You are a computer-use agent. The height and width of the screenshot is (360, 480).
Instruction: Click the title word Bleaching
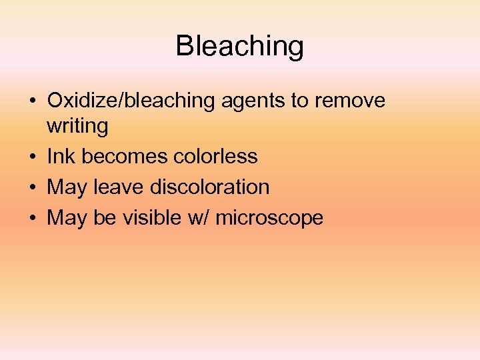coord(240,47)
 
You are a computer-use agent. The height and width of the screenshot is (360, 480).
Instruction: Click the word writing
coord(77,127)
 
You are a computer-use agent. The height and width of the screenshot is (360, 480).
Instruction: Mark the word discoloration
coord(210,187)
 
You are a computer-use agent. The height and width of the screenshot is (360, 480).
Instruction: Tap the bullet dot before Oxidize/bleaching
coord(32,102)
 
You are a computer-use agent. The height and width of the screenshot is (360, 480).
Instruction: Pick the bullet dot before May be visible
coord(32,219)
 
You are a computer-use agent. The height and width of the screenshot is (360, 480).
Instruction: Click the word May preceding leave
coord(67,188)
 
